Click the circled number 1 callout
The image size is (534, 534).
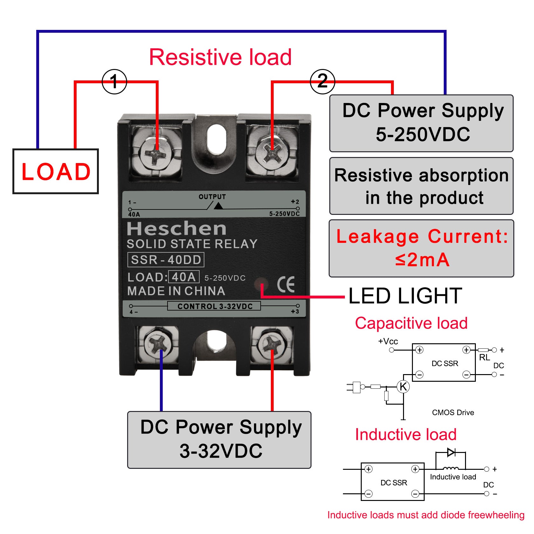coord(114,82)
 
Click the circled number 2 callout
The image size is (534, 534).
coord(322,82)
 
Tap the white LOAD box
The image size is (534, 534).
coord(56,171)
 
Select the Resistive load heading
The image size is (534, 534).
coord(220,57)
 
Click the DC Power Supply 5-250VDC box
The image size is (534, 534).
coord(421,123)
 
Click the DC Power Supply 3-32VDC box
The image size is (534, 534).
coord(219,440)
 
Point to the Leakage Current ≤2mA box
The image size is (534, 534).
coord(421,248)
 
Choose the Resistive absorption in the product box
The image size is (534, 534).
coord(421,186)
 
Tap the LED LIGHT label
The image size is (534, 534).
coord(405,296)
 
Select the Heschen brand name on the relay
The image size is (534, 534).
coord(177,228)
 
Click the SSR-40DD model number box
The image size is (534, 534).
coord(166,260)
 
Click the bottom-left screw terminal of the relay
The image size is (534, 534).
coord(158,345)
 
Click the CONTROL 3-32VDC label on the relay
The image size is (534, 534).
coord(215,306)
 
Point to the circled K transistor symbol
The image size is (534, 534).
coord(403,387)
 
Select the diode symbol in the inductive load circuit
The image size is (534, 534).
coord(451,452)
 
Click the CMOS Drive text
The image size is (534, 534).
coord(453,413)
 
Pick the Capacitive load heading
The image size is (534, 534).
coord(411,323)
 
